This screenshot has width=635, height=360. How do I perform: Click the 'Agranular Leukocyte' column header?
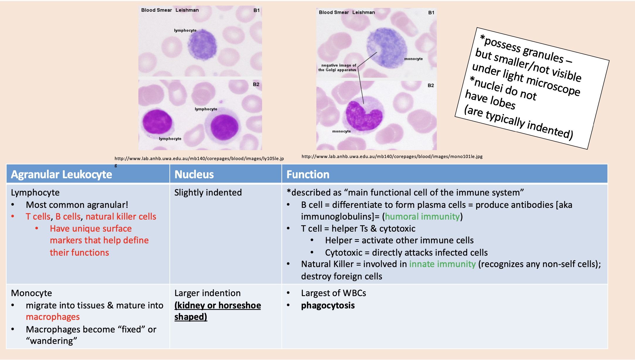(61, 174)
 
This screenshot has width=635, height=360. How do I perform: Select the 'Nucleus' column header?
(194, 174)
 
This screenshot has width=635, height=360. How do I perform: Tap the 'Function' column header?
(308, 174)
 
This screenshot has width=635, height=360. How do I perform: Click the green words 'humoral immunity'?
(422, 217)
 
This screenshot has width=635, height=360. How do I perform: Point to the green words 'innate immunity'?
(442, 264)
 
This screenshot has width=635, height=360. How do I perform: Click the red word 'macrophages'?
(53, 317)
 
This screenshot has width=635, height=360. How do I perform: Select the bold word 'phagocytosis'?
(328, 305)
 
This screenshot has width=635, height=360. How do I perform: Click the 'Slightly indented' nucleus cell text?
(208, 193)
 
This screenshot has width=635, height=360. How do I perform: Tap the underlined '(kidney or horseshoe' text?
(218, 305)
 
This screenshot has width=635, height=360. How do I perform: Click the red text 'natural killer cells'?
(121, 217)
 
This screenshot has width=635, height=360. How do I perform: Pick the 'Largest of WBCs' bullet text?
(333, 293)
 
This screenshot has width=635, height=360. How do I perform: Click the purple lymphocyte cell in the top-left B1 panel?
(202, 44)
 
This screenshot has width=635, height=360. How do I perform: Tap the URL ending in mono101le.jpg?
(392, 157)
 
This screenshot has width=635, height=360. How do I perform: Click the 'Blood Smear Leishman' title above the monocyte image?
(347, 12)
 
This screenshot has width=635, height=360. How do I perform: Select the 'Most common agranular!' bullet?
(77, 205)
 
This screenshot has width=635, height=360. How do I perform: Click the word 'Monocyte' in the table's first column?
(31, 293)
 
